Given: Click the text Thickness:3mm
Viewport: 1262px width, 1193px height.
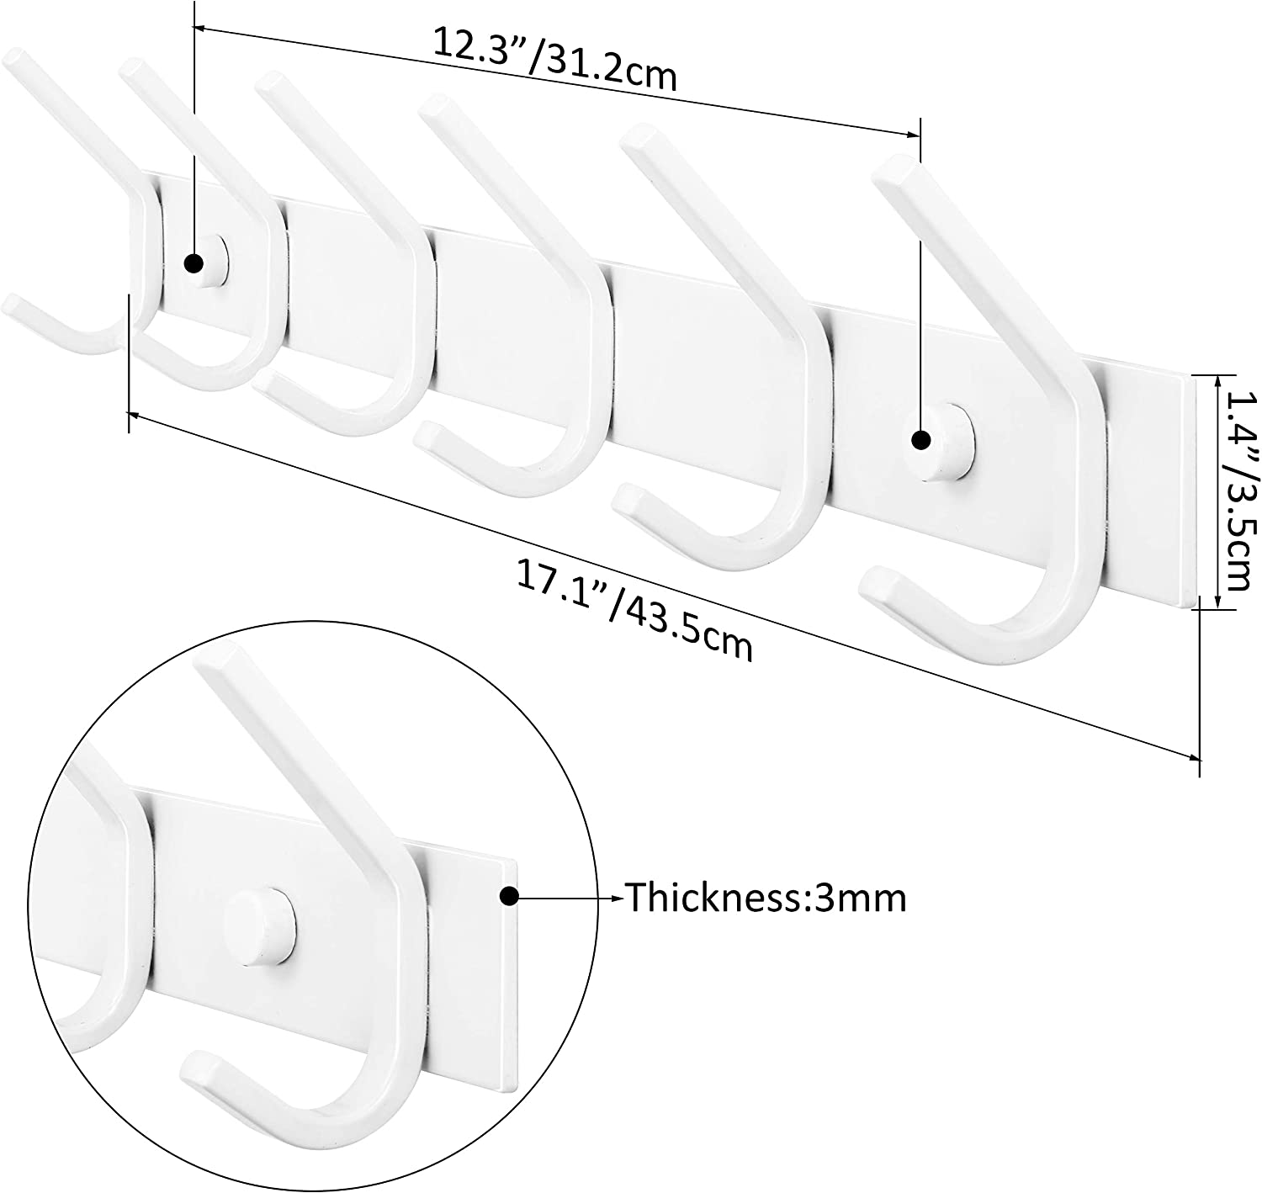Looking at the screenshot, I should [766, 899].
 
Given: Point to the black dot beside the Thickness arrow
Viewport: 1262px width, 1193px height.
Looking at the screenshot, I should [508, 898].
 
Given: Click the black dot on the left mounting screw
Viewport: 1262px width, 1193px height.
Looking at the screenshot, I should [194, 263].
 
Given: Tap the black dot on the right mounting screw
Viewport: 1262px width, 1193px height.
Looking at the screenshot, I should [921, 439].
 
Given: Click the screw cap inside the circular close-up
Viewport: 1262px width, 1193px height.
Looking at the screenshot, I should [261, 926].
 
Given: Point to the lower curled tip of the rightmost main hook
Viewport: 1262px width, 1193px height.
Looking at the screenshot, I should [875, 584].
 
